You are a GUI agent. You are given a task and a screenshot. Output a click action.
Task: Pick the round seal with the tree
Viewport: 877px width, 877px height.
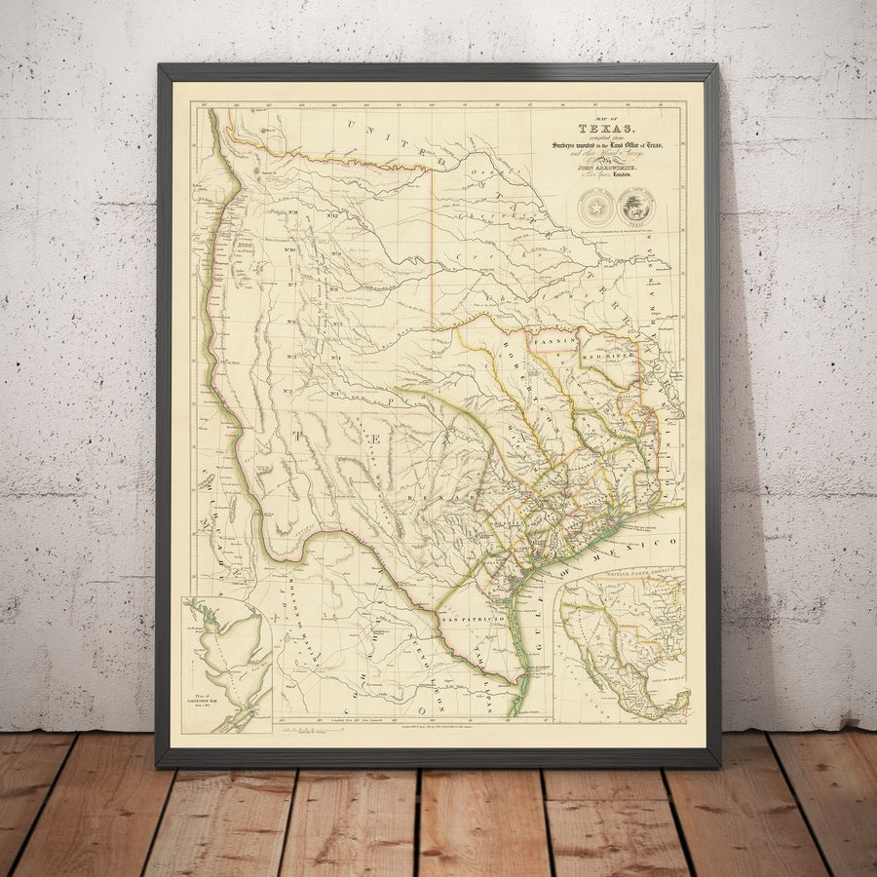[635, 208]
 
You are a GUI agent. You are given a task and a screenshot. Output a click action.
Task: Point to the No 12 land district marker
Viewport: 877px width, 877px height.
[332, 215]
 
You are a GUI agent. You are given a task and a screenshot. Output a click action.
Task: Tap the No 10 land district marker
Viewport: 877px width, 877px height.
[291, 249]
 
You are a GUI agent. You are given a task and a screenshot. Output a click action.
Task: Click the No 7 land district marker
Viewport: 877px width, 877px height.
[291, 286]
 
